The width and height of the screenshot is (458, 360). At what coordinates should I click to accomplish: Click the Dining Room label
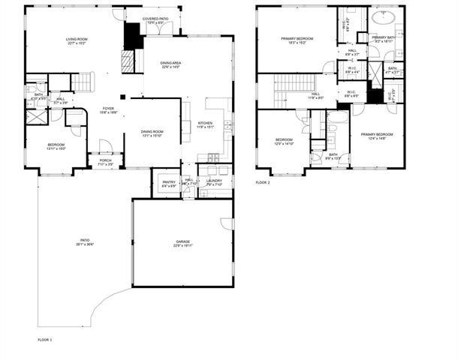point(152,134)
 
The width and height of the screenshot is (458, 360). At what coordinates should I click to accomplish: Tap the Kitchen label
point(205,124)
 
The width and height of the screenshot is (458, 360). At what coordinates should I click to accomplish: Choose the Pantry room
point(164,183)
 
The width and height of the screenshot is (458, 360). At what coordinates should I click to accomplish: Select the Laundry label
point(214,182)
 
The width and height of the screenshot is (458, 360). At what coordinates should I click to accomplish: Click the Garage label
point(182,242)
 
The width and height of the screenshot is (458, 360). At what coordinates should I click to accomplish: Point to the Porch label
point(104,161)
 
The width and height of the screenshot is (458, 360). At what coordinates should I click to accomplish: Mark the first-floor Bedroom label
point(56,146)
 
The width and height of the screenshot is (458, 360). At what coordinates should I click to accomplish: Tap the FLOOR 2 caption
point(262,182)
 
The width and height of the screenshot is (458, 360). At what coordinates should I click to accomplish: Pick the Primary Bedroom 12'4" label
point(377,136)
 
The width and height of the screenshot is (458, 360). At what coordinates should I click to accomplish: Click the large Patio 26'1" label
point(85,242)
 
